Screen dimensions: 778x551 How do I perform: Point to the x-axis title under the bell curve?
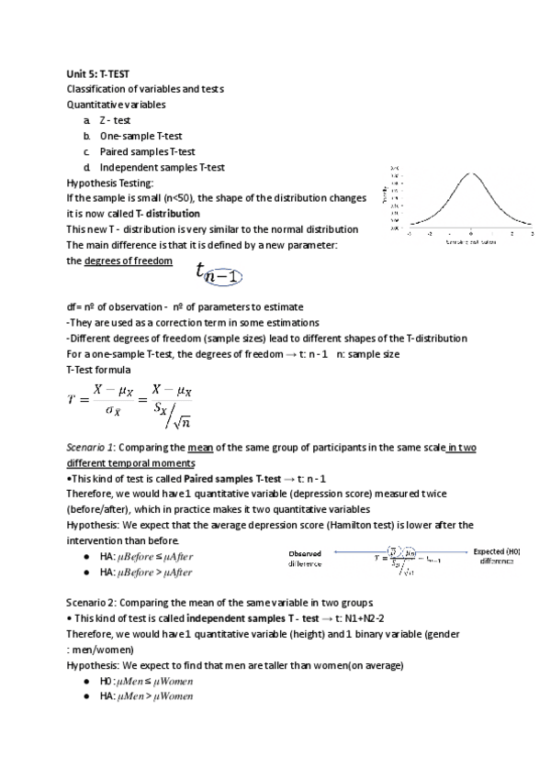(471, 242)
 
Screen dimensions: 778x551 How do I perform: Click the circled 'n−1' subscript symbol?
(223, 274)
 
